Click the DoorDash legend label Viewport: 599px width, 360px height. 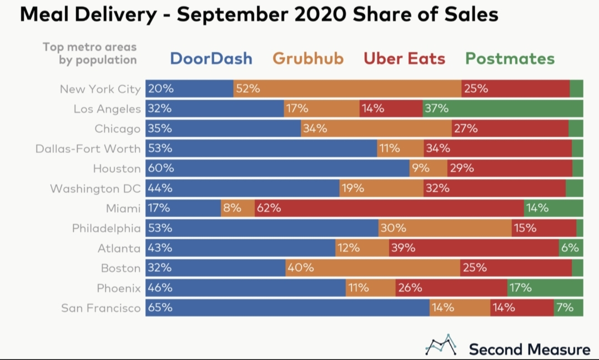point(211,58)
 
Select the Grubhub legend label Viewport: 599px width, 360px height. point(308,58)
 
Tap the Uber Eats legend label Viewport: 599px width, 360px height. point(404,58)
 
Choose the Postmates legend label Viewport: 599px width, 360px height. point(510,58)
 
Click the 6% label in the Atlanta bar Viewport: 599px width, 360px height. point(570,248)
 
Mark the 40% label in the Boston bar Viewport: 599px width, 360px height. point(300,268)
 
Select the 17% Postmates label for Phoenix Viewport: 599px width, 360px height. point(520,288)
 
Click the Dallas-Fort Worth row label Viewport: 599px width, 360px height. point(88,149)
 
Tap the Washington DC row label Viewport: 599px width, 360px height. point(95,189)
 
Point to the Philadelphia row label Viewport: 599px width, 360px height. point(106,228)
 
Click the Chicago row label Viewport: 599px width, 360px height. point(117,129)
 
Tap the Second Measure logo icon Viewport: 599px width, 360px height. point(441,345)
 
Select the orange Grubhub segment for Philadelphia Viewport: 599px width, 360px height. point(444,228)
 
